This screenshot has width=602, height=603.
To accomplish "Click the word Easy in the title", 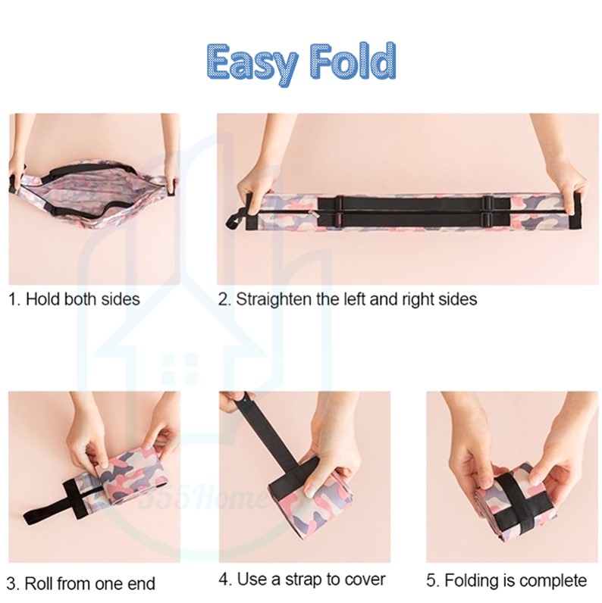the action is (252, 64).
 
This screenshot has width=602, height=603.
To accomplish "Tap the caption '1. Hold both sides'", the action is (74, 298).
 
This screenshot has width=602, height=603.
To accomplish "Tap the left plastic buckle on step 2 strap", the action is (340, 210).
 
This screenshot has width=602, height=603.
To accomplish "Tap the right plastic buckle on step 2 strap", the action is (487, 210).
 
